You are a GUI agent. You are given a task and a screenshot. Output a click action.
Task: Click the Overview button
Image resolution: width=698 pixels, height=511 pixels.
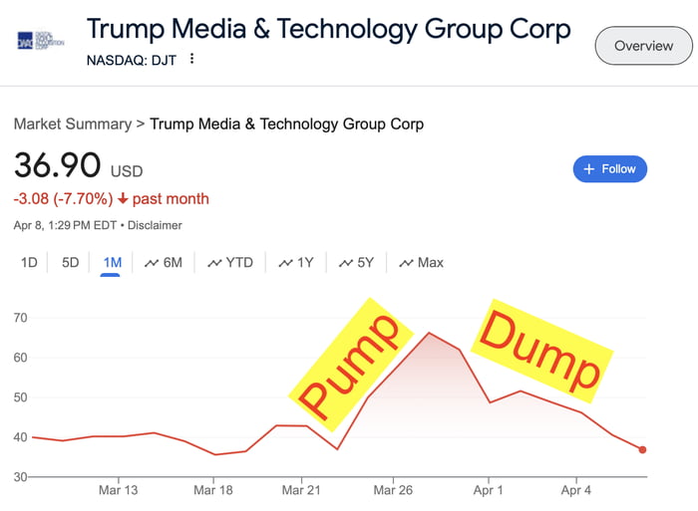pyautogui.click(x=643, y=46)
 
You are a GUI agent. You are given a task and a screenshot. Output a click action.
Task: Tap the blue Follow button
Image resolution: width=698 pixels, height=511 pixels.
pyautogui.click(x=610, y=169)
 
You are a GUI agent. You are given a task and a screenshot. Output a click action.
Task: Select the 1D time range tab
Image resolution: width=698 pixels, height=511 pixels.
pyautogui.click(x=29, y=263)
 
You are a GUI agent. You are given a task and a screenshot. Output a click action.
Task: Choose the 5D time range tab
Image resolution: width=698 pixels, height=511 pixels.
pyautogui.click(x=70, y=263)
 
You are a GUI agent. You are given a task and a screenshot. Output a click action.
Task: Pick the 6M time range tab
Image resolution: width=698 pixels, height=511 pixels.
pyautogui.click(x=164, y=263)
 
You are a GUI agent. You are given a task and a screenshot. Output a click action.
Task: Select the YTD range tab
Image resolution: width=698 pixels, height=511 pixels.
pyautogui.click(x=230, y=263)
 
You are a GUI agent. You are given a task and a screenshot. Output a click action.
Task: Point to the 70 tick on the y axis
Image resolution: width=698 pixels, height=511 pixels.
pyautogui.click(x=20, y=318)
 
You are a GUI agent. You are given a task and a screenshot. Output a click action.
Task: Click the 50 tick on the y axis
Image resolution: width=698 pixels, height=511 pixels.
pyautogui.click(x=20, y=397)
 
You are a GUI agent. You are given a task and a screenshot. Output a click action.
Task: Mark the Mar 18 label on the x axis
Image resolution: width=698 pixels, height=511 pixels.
pyautogui.click(x=212, y=490)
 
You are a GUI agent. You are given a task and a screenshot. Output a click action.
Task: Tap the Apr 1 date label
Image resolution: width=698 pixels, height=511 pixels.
pyautogui.click(x=489, y=490)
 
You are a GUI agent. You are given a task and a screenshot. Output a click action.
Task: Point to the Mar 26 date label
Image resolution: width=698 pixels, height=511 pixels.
pyautogui.click(x=392, y=490)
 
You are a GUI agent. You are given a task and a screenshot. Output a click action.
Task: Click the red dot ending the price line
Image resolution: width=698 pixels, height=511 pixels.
pyautogui.click(x=643, y=450)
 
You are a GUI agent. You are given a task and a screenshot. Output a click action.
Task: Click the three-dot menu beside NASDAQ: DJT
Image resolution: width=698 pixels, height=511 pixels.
pyautogui.click(x=192, y=59)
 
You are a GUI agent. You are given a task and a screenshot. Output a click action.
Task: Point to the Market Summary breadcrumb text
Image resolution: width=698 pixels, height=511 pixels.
pyautogui.click(x=72, y=125)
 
